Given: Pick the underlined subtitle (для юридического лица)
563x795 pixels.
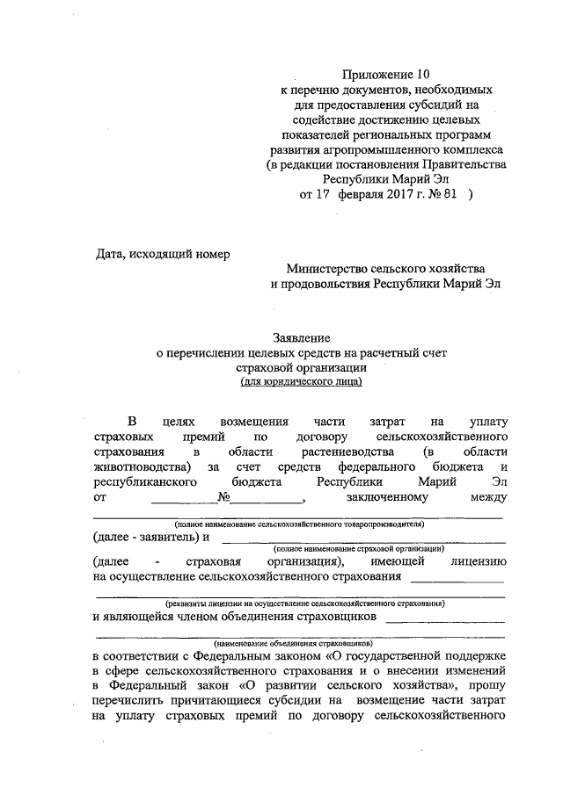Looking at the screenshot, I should coord(301,382).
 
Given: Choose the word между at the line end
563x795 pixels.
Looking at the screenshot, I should coord(488,498).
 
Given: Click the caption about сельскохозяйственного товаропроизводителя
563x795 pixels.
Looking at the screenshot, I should coord(298,522).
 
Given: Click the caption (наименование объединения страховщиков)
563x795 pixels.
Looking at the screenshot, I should coord(298,643).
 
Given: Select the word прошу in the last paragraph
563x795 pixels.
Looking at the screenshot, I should coord(487,684).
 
